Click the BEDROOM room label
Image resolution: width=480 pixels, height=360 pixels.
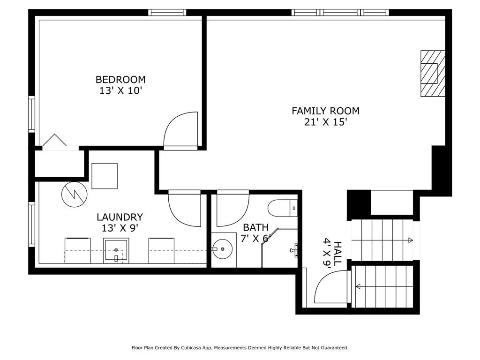120,80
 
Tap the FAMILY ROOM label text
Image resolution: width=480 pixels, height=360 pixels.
325,111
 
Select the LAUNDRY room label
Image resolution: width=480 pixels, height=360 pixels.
120,217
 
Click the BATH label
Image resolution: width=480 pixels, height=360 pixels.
255,227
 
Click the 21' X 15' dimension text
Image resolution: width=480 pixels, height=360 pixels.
325,122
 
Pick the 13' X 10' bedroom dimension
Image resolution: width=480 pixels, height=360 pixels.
121,90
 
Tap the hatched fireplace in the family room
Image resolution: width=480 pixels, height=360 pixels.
433,74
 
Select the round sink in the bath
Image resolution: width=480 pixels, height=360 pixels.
223,249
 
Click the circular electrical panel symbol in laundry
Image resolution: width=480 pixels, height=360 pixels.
75,194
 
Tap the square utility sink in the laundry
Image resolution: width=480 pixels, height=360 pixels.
116,251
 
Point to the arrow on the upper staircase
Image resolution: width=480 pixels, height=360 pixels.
382,240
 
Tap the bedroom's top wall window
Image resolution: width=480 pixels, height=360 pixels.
167,13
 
